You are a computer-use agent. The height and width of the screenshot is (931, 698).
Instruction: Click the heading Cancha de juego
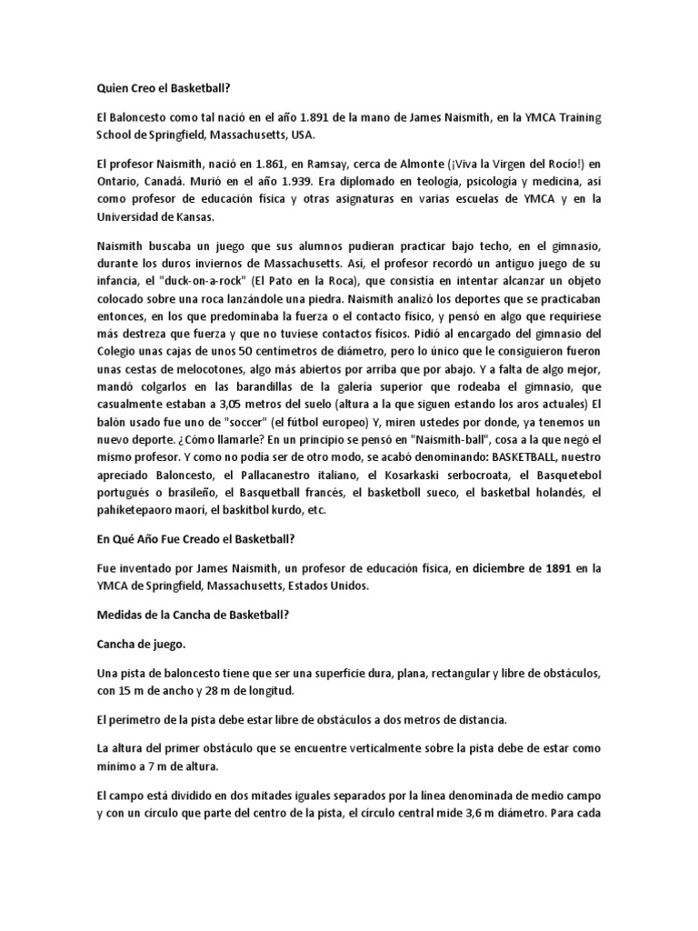(x=141, y=646)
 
